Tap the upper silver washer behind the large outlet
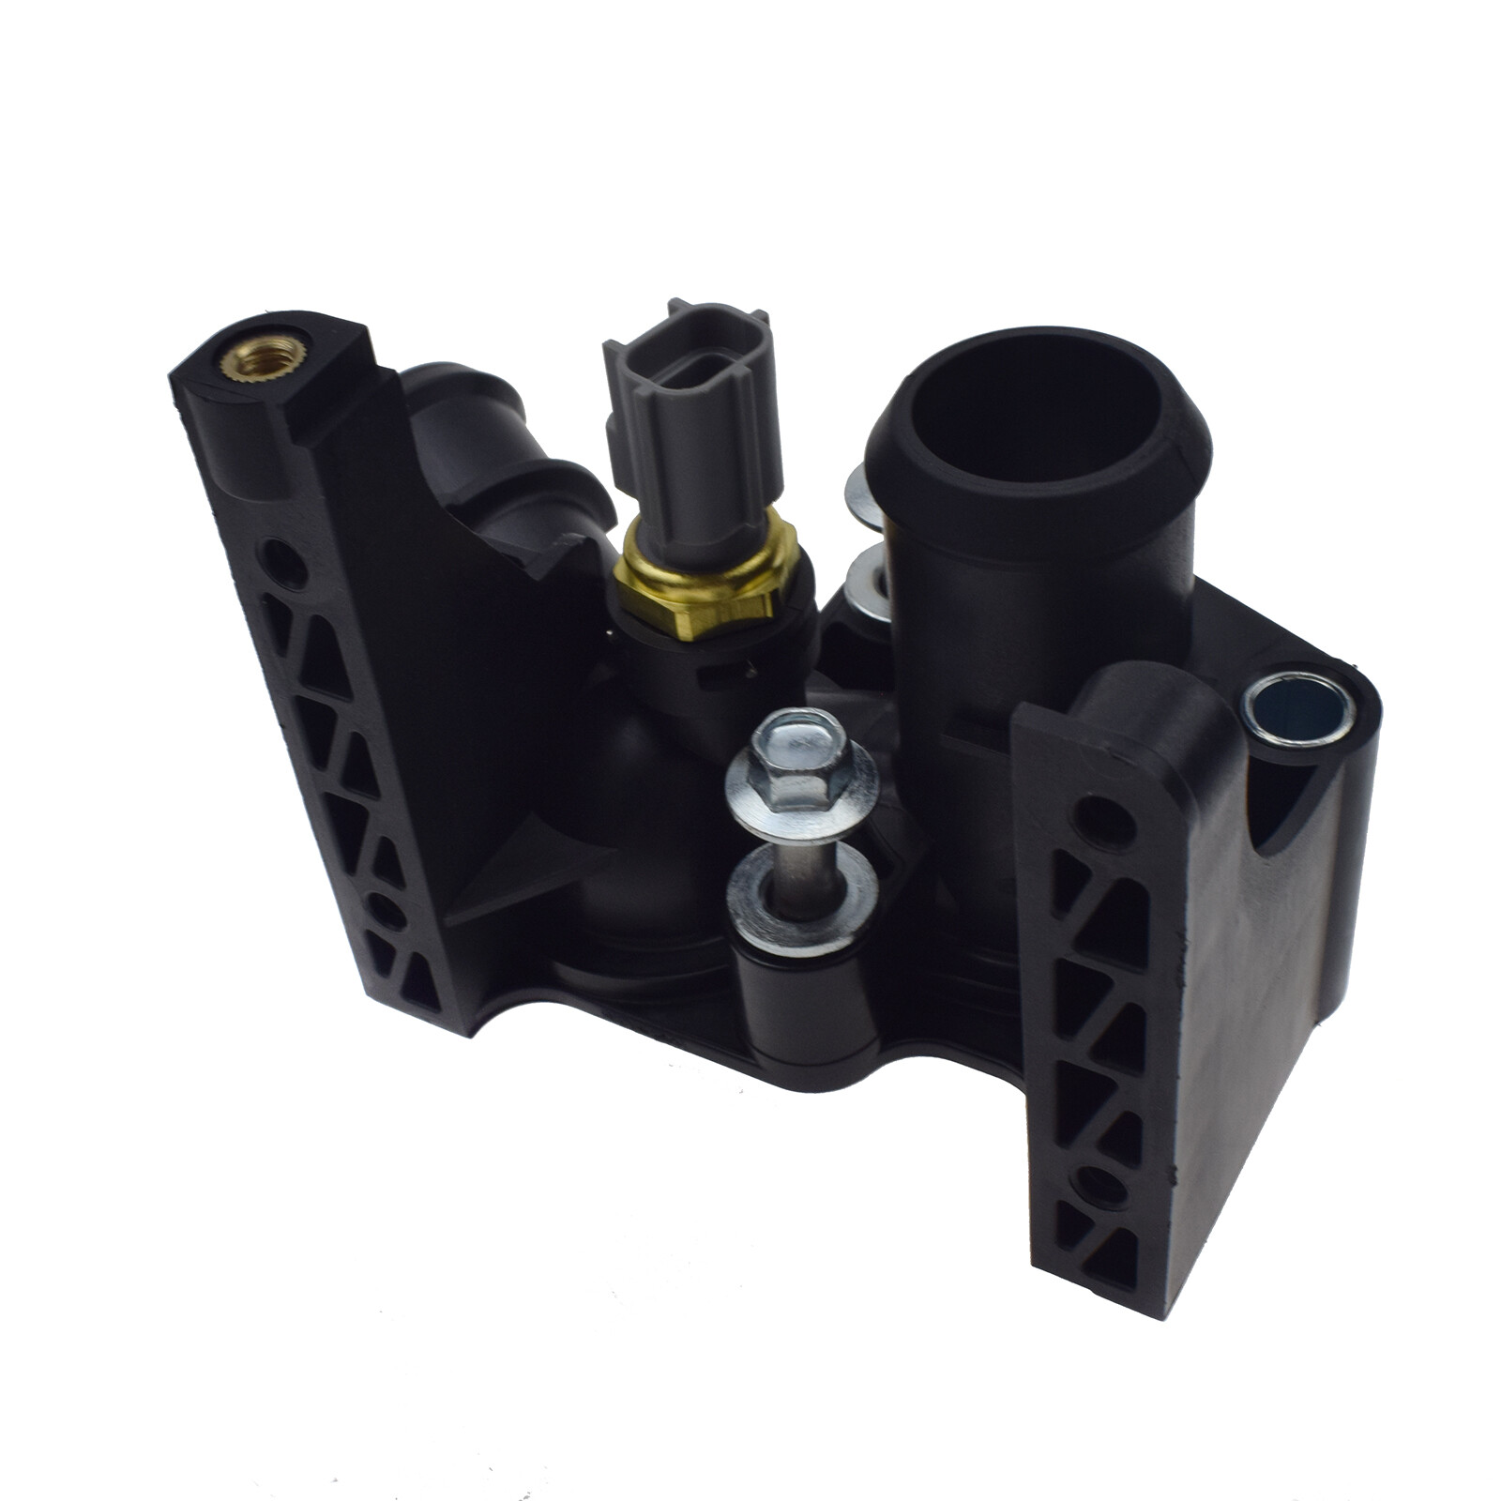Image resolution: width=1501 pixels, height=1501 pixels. click(x=862, y=493)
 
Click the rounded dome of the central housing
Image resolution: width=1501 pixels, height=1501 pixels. click(x=647, y=788)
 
